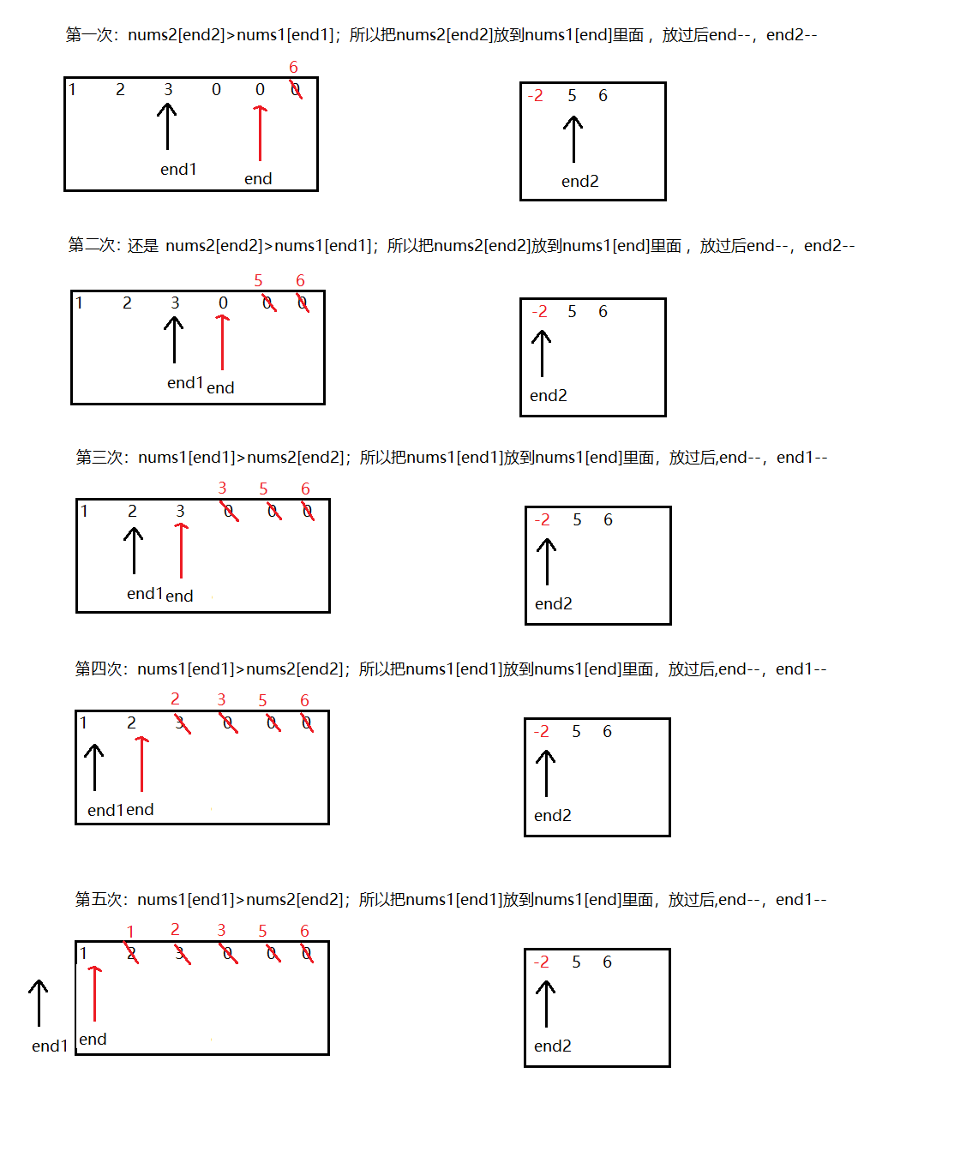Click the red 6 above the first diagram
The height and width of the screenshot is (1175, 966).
pos(293,67)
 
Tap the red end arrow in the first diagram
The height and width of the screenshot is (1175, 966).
pos(260,133)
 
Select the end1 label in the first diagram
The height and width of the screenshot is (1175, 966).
pos(178,169)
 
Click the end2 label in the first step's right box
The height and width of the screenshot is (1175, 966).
pos(580,181)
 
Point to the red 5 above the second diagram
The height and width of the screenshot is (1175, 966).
pos(258,280)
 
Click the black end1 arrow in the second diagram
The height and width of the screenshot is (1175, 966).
pos(174,339)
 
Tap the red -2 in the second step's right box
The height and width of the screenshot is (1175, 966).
pos(539,311)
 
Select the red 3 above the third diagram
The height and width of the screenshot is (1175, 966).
pos(222,488)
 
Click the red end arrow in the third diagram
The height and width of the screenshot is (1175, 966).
pos(181,550)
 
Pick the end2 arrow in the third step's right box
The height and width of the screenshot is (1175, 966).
pos(547,561)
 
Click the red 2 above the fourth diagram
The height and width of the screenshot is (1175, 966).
pos(175,698)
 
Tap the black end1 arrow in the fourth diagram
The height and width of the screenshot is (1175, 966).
pos(94,767)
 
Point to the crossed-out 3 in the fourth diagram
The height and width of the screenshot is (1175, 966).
pos(182,722)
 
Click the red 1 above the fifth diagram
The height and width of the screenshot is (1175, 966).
pos(129,932)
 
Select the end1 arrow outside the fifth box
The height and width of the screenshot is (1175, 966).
pos(39,1002)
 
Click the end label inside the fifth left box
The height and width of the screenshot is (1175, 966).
pos(93,1039)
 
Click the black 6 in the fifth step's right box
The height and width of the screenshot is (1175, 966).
pos(607,962)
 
